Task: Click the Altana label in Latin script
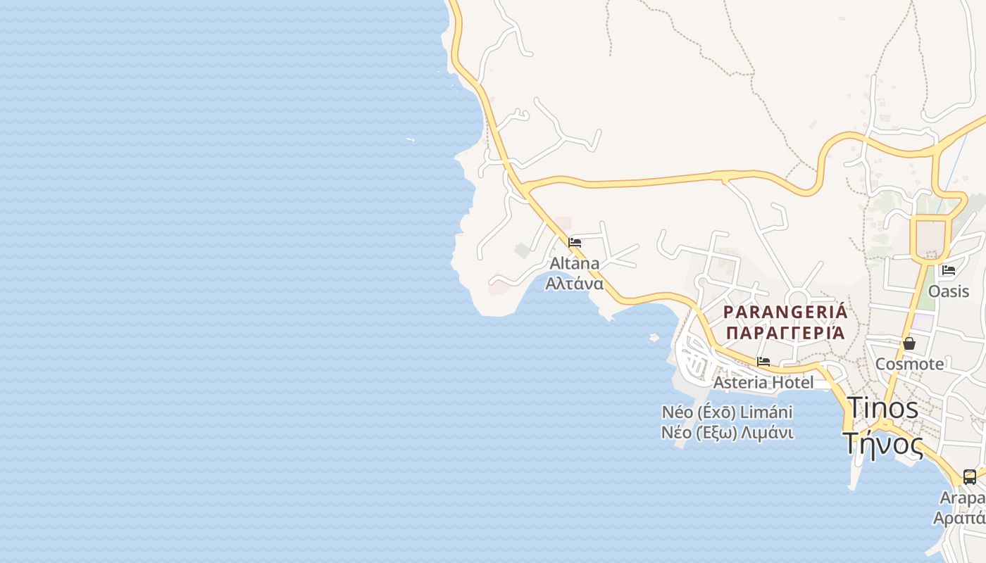point(575,263)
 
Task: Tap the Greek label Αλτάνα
point(575,284)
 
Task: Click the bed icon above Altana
point(575,243)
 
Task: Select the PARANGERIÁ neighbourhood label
point(785,312)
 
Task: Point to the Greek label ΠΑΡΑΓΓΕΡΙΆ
point(785,333)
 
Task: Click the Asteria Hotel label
point(763,382)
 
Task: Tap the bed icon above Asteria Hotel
point(763,362)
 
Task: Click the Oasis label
point(949,291)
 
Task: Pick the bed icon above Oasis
point(949,270)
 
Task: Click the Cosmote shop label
point(909,364)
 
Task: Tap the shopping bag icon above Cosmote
point(909,343)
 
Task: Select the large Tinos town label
point(882,407)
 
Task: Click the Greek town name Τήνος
point(882,443)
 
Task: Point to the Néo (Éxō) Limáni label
point(727,412)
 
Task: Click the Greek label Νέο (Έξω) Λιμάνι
point(727,432)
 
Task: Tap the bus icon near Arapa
point(970,477)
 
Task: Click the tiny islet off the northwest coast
point(410,139)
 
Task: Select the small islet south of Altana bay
point(654,338)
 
